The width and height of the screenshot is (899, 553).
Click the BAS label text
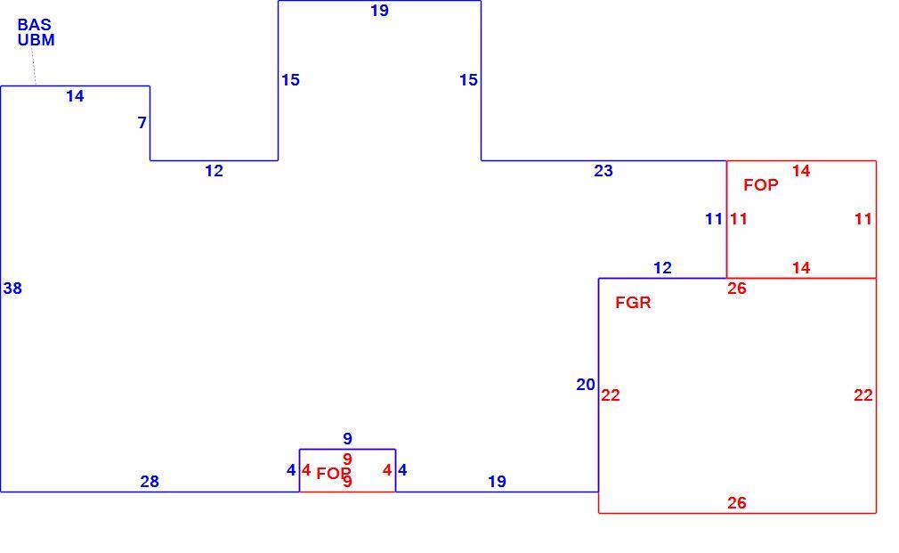click(35, 25)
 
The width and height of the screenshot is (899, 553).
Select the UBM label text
click(36, 40)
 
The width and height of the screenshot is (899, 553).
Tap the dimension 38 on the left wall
click(12, 288)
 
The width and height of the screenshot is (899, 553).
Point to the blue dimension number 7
click(142, 123)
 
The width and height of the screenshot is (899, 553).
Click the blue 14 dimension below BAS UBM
click(75, 96)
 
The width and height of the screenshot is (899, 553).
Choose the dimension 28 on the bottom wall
click(150, 482)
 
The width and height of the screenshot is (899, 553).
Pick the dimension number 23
click(603, 171)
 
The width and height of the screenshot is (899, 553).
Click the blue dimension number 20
click(586, 385)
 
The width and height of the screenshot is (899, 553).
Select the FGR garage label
click(633, 302)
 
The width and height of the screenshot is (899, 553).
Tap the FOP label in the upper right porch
click(761, 184)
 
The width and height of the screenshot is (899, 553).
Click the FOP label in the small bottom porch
click(334, 474)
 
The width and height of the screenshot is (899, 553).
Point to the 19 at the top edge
click(379, 11)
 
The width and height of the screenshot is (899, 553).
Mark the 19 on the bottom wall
click(497, 482)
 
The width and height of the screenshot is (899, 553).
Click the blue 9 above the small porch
click(347, 439)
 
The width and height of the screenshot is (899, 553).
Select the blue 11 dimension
click(714, 219)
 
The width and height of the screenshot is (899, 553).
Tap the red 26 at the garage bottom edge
click(737, 503)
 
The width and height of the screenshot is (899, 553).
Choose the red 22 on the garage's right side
click(863, 395)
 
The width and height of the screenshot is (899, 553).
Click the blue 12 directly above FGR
click(662, 268)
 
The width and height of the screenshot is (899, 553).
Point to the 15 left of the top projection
click(291, 80)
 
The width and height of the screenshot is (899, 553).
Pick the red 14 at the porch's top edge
click(801, 171)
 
